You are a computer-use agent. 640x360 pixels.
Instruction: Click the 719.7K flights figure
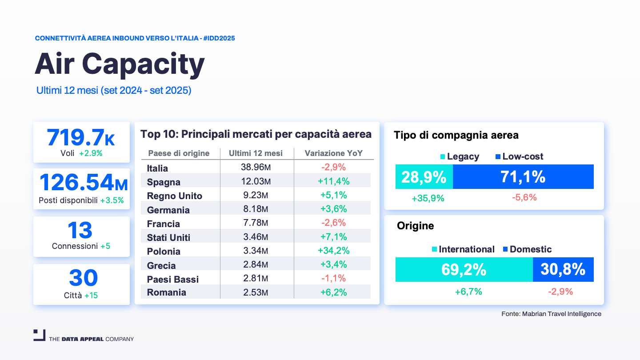(x=81, y=137)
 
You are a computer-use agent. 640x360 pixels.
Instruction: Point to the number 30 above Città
(x=83, y=278)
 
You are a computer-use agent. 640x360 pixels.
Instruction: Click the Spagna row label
(x=164, y=182)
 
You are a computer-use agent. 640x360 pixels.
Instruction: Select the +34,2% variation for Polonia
(x=333, y=251)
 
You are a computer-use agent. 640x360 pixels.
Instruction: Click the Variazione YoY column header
(x=333, y=153)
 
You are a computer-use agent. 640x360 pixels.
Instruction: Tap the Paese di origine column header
(x=179, y=153)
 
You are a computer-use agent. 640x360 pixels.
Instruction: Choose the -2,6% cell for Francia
(x=333, y=223)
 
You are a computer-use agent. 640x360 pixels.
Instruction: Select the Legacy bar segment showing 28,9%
(x=424, y=177)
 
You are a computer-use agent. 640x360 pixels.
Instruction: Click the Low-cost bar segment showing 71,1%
(x=523, y=177)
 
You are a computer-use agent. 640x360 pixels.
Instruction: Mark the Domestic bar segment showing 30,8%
(x=563, y=270)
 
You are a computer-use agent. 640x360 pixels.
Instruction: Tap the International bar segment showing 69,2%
(x=464, y=270)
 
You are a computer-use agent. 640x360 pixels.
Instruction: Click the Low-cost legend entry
(x=519, y=156)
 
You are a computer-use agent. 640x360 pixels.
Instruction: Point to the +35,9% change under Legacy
(x=428, y=198)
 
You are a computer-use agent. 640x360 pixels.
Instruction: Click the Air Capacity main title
(x=120, y=64)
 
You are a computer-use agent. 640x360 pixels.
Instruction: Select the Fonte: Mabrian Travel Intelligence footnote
(x=551, y=314)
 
